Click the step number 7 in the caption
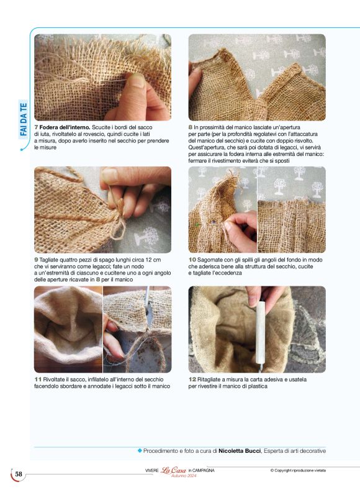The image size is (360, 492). point(36,127)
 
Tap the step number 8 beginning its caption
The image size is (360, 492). point(191,127)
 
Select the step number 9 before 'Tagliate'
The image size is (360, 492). point(36,260)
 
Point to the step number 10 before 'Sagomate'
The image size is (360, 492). point(192,260)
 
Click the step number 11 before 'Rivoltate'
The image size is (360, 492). point(38,380)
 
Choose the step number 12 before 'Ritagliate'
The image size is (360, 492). point(192,380)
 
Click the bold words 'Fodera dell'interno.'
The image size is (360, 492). point(65,127)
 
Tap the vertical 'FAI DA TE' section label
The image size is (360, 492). point(24,119)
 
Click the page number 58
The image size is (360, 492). point(19,474)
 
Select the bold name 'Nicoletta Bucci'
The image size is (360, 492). point(240,451)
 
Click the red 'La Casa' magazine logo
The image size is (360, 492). point(173,470)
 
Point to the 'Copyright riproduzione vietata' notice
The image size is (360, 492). point(298,470)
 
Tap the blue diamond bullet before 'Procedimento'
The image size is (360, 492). point(140,451)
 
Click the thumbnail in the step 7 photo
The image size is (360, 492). point(137,80)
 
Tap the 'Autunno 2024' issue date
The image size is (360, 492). point(184,476)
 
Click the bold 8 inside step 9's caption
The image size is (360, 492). point(98,280)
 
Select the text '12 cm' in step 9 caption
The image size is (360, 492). point(154,260)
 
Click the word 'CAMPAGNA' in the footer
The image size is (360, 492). point(203,471)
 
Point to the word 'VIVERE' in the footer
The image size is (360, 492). point(152,471)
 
